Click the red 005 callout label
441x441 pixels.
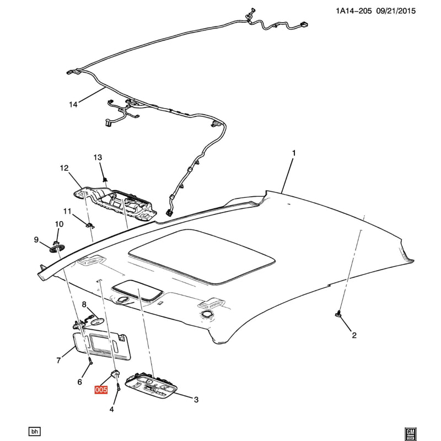click(x=101, y=390)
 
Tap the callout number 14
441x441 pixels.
click(x=73, y=105)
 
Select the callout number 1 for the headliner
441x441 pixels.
click(x=294, y=153)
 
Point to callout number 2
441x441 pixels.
click(x=354, y=335)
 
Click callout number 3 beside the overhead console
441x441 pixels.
click(x=196, y=399)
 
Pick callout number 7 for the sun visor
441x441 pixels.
click(x=59, y=360)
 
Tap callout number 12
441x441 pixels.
click(x=64, y=168)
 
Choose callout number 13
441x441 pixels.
click(x=98, y=158)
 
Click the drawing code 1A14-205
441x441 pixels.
click(x=354, y=11)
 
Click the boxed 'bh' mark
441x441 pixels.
click(x=35, y=431)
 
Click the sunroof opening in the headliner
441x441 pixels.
click(x=201, y=256)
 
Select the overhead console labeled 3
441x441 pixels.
click(x=150, y=385)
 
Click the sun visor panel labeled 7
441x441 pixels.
click(x=102, y=346)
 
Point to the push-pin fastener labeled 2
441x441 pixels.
click(x=338, y=314)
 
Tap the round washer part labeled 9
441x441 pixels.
click(x=57, y=249)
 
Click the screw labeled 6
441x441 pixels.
click(x=90, y=361)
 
